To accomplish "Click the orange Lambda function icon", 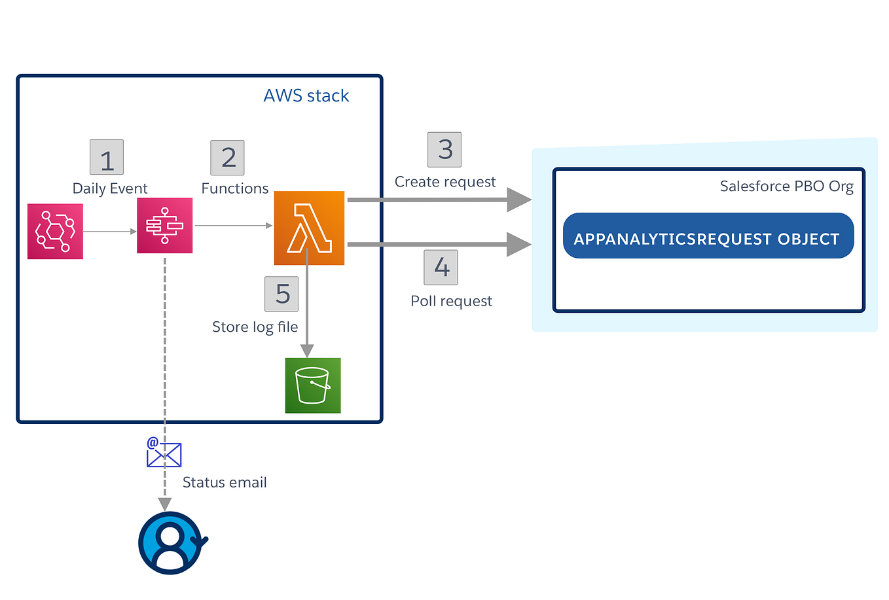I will click(x=309, y=228).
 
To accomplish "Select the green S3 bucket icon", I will click(x=313, y=385).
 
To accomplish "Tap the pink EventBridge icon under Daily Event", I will click(x=55, y=231).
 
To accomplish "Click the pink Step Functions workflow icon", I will click(x=164, y=226).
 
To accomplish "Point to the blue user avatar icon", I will click(x=171, y=543).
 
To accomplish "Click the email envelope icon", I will click(x=164, y=453).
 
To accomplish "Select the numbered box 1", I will click(x=107, y=158).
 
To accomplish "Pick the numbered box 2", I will click(x=227, y=158).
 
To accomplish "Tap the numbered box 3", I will click(x=444, y=150).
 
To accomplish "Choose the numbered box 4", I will click(x=441, y=268).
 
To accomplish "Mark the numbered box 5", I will click(x=281, y=294).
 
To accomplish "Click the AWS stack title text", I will click(x=306, y=96).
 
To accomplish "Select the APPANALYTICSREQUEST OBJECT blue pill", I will click(x=708, y=236).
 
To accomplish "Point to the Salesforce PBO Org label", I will click(x=786, y=186).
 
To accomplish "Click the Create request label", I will click(x=445, y=182).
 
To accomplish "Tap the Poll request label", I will click(x=451, y=301).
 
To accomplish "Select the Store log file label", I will click(x=255, y=327).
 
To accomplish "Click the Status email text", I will click(x=225, y=483).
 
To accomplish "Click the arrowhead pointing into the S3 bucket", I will click(x=307, y=351).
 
